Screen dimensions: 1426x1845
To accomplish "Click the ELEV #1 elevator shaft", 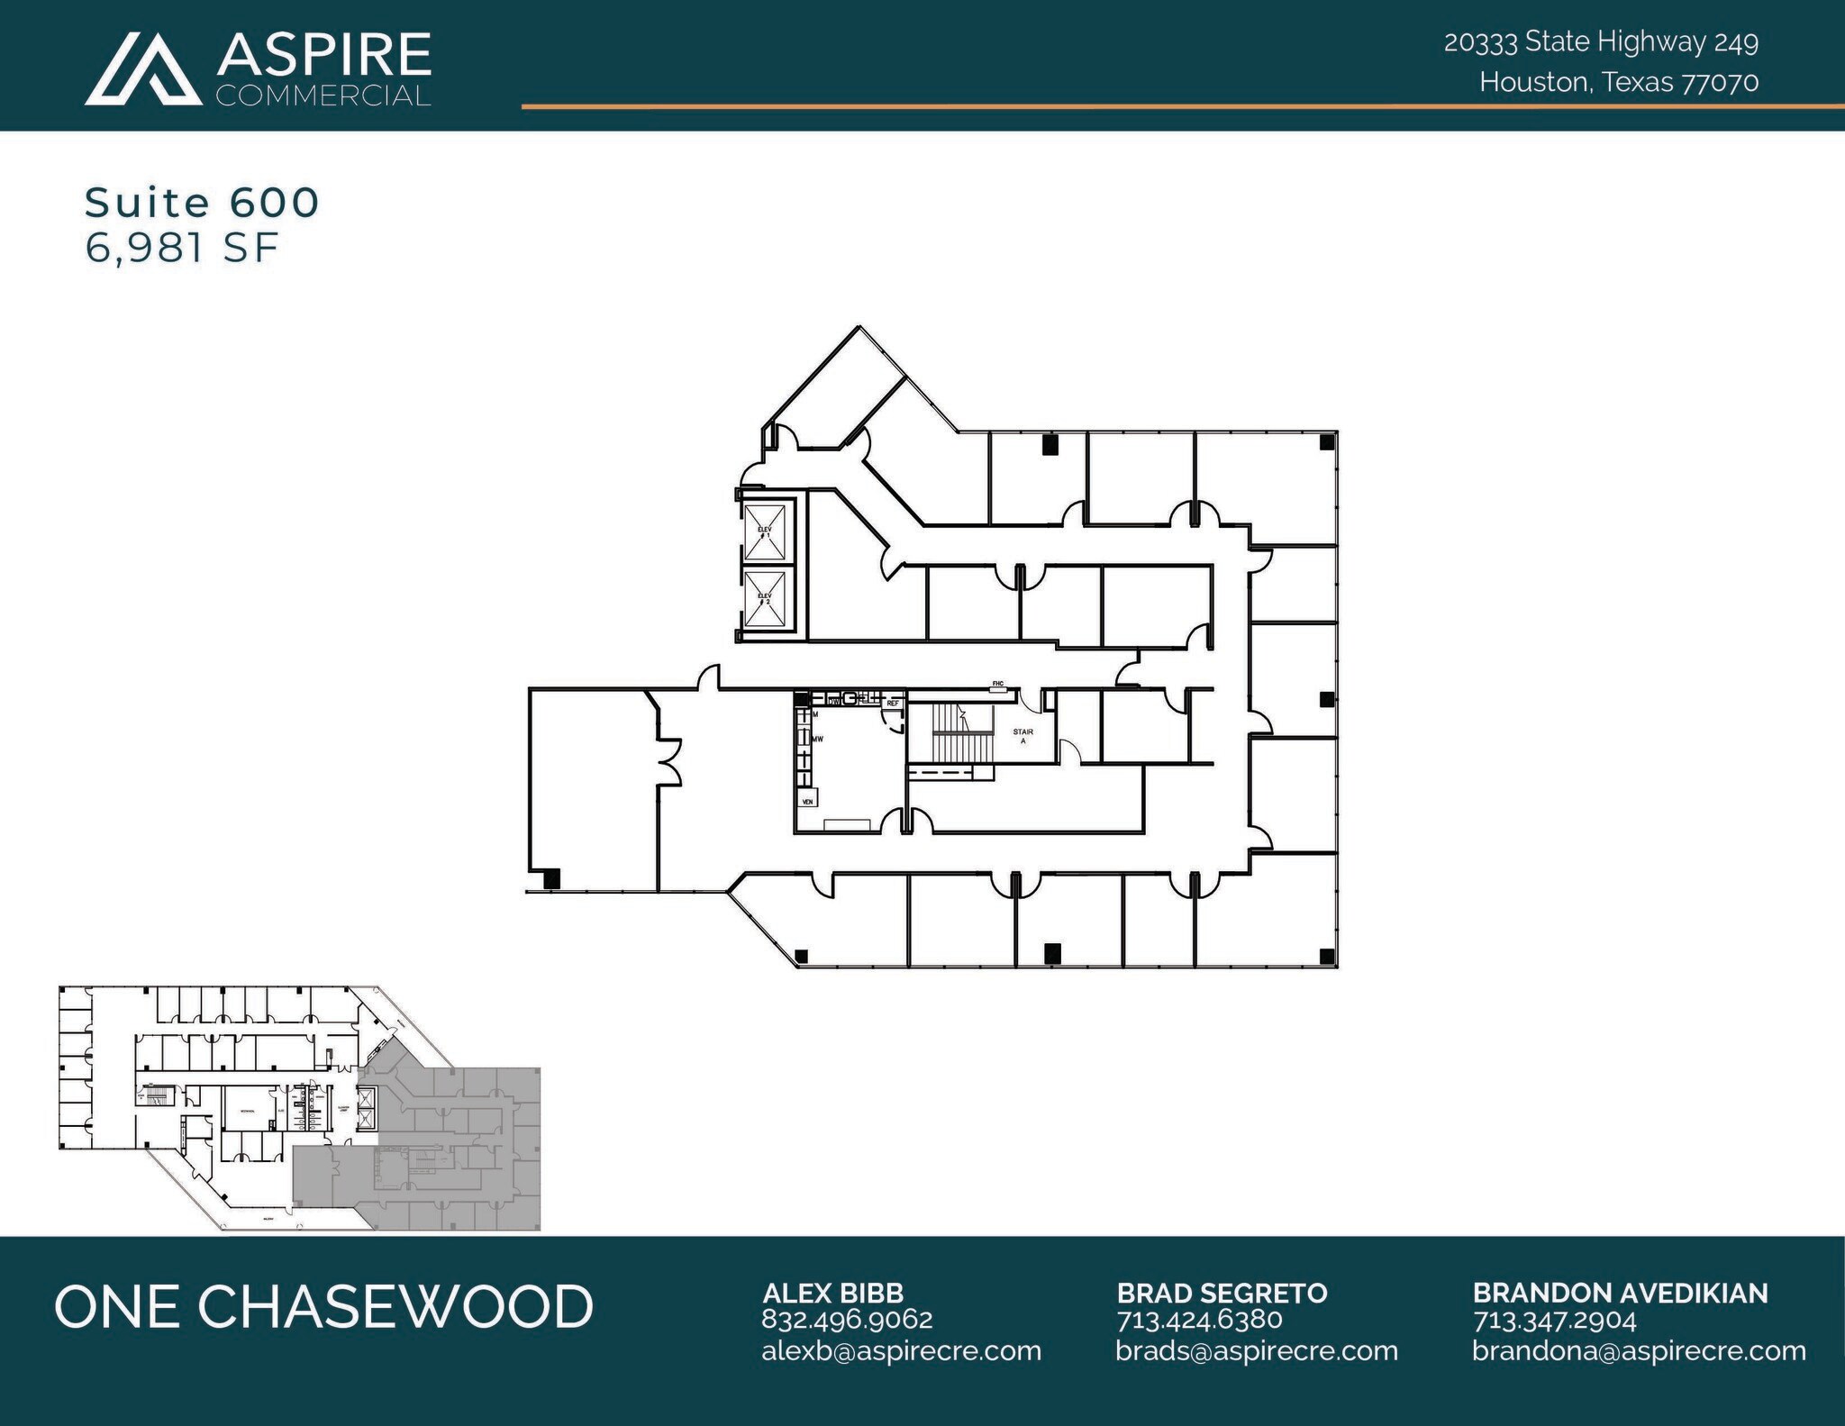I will click(765, 532).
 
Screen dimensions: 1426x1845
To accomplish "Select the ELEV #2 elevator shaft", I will click(765, 599).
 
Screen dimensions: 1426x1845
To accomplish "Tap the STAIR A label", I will click(1022, 736).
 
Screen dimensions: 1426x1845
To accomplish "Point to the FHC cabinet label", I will click(998, 685).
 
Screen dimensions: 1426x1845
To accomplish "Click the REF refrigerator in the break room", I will click(893, 703).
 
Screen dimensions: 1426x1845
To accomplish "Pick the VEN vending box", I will click(808, 801).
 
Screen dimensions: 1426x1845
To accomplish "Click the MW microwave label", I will click(818, 739).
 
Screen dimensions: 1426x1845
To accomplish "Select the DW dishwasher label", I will click(834, 700).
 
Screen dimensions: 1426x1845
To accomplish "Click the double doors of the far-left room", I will click(668, 762).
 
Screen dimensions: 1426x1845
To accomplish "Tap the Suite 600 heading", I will click(202, 203).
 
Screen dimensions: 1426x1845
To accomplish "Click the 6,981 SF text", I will click(181, 248).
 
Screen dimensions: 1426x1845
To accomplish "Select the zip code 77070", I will click(1721, 83).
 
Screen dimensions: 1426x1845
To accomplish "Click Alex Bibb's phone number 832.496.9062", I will click(847, 1320).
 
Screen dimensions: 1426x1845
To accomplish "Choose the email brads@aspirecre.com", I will click(1256, 1351).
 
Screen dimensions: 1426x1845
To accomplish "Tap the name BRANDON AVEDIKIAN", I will click(1620, 1293).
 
